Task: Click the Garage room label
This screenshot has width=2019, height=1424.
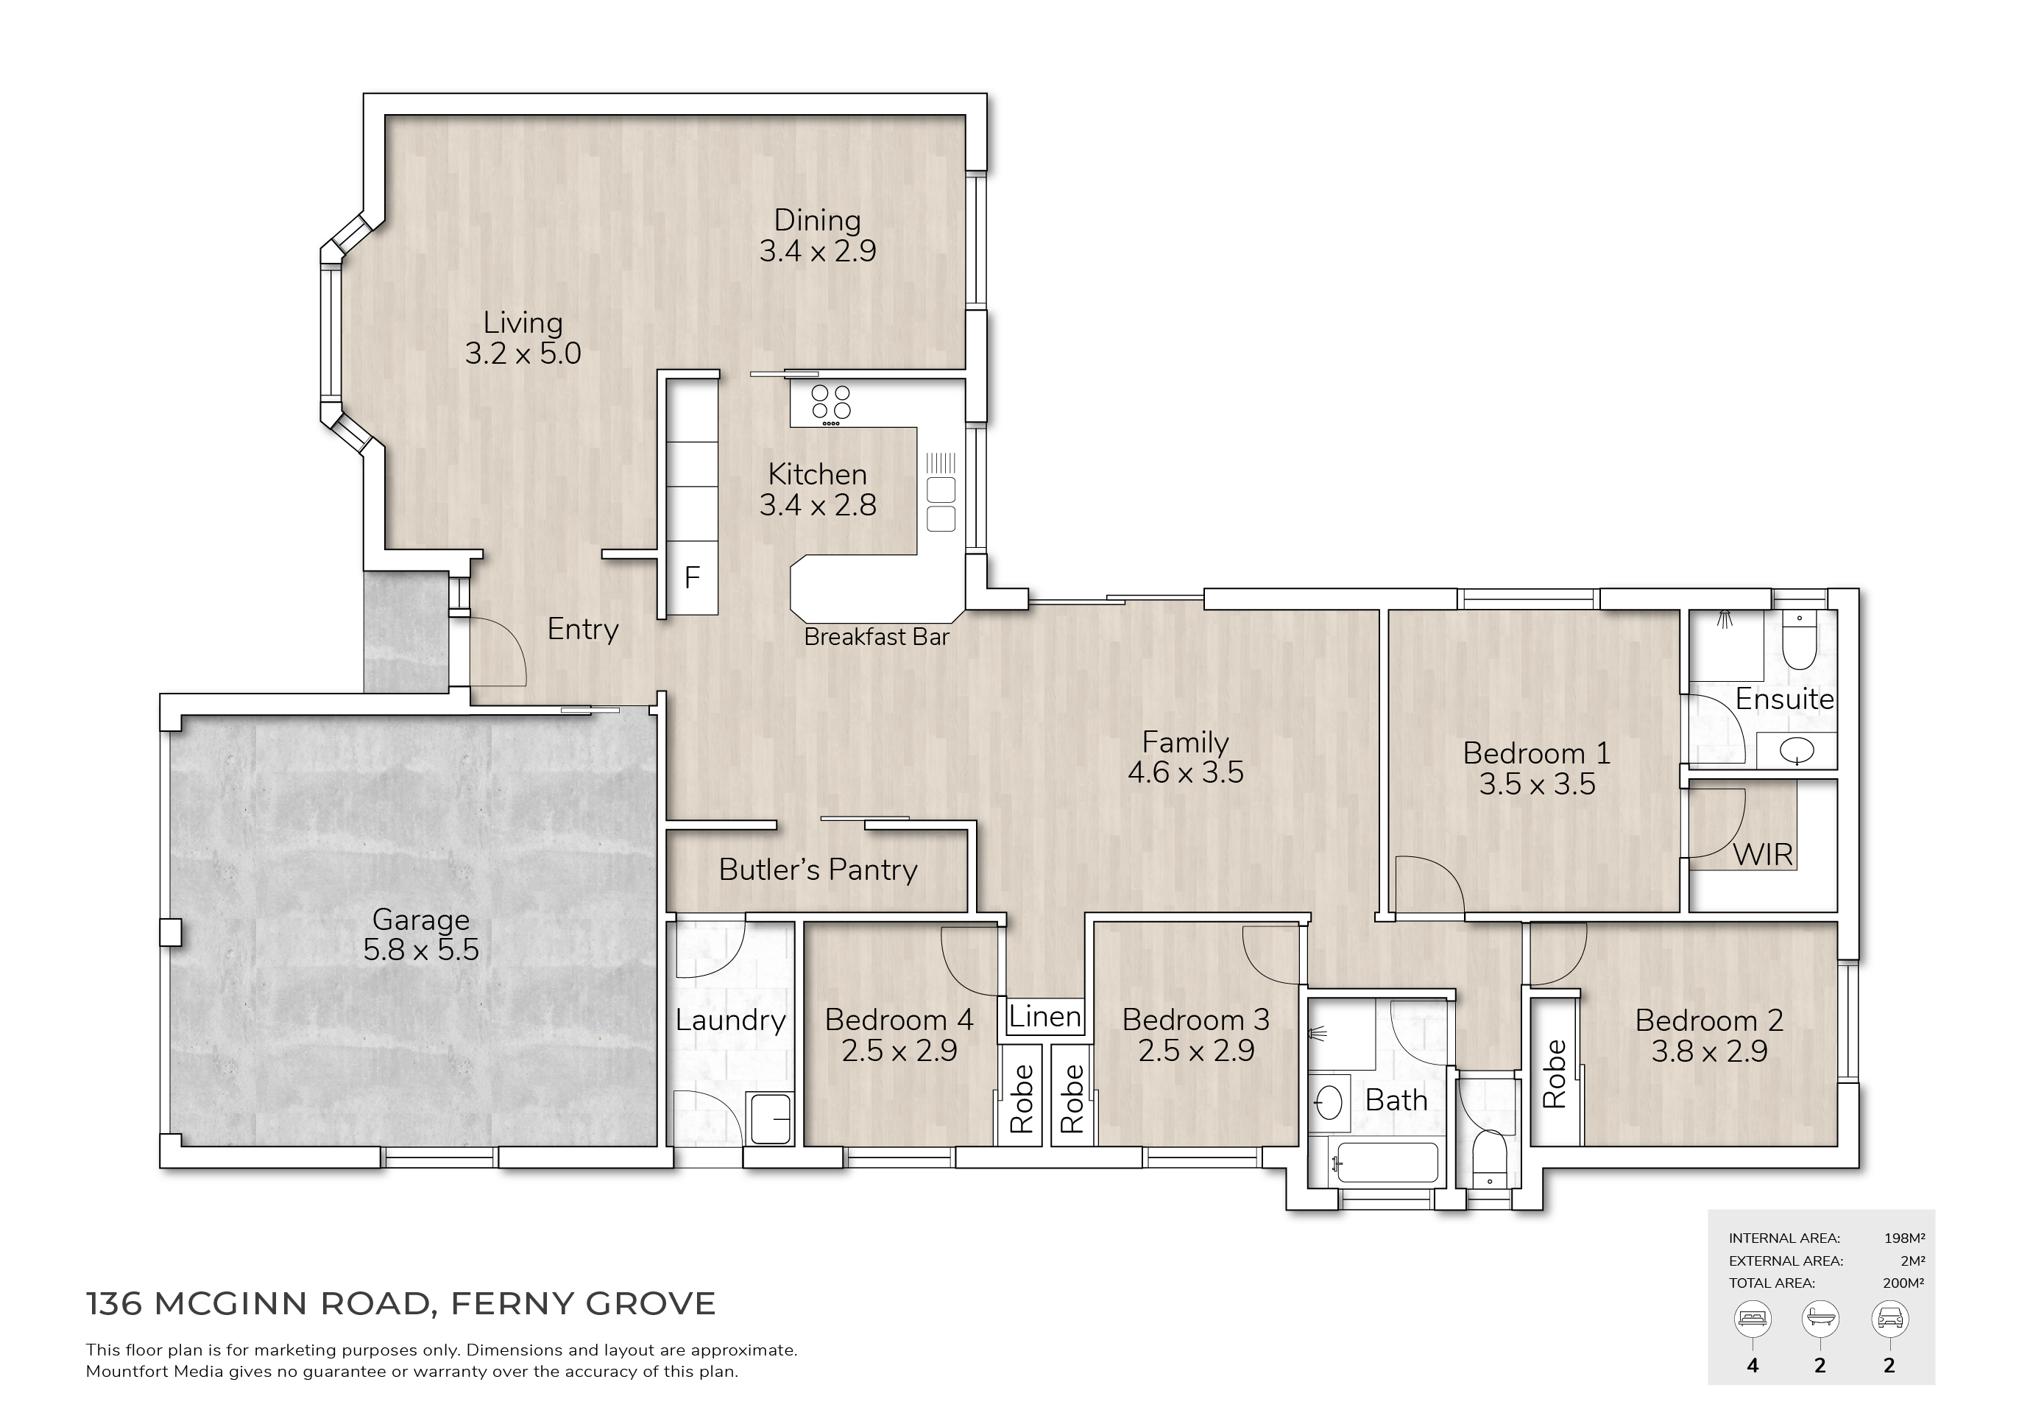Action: tap(420, 920)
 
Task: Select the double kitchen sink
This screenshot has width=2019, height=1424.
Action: tap(941, 504)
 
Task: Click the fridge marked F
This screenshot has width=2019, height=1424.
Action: tap(692, 578)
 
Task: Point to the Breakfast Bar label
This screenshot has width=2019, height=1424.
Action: tap(877, 637)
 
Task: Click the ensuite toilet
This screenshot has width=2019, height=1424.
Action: tap(1799, 642)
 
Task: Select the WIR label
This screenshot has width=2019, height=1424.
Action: tap(1762, 854)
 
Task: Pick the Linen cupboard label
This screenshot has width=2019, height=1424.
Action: tap(1044, 1017)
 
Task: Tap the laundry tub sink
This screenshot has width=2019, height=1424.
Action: tap(771, 1118)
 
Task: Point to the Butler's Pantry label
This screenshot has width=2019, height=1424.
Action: tap(818, 870)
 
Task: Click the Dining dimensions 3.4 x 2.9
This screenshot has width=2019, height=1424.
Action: tap(818, 252)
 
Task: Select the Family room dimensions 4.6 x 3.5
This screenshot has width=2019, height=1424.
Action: tap(1185, 772)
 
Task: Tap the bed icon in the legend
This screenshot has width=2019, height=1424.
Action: tap(1753, 1319)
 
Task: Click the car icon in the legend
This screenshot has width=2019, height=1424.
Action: tap(1889, 1319)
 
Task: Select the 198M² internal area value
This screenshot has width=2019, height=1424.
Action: tap(1905, 1238)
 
